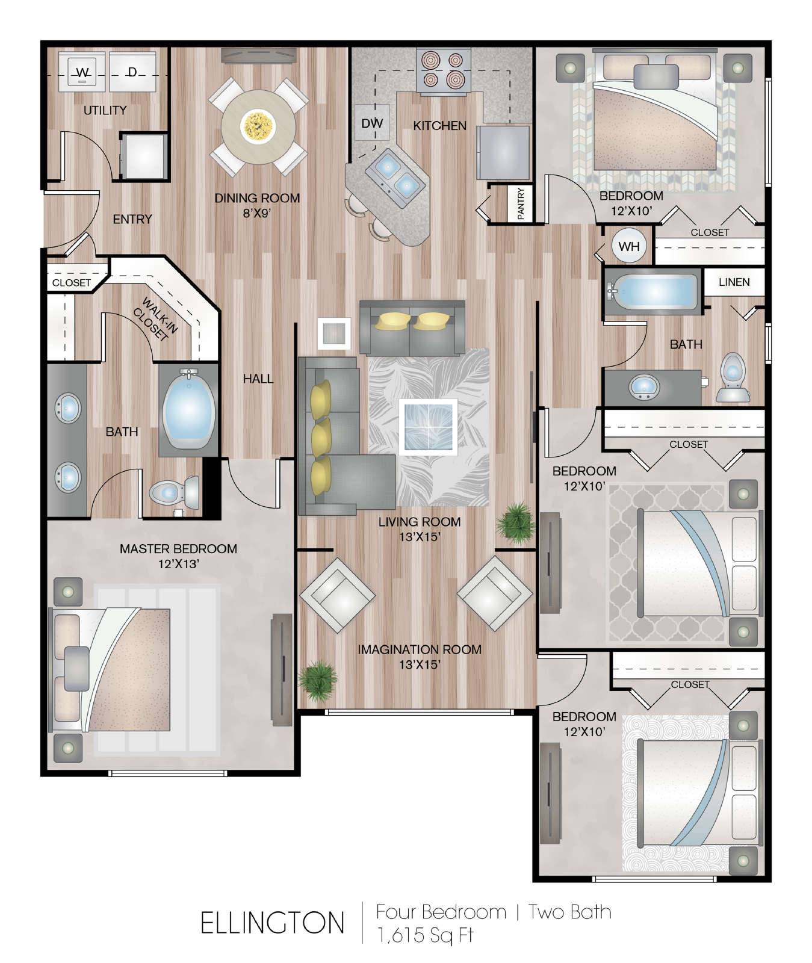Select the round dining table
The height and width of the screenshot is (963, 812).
tap(258, 126)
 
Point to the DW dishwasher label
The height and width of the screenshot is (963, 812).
tap(372, 123)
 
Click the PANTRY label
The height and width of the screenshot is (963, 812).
tap(521, 203)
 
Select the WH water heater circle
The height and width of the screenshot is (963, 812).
tap(629, 246)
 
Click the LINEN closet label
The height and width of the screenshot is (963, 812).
tap(734, 282)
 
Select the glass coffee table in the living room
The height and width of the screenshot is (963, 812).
tap(428, 426)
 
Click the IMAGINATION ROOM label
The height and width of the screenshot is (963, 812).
tap(420, 649)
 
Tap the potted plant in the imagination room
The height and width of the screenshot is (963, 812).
tap(317, 680)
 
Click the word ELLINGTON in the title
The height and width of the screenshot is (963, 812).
tap(273, 923)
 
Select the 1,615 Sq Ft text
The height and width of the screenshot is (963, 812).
tap(425, 935)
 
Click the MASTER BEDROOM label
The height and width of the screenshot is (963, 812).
tap(178, 548)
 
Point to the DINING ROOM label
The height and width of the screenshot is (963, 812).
tap(257, 197)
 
